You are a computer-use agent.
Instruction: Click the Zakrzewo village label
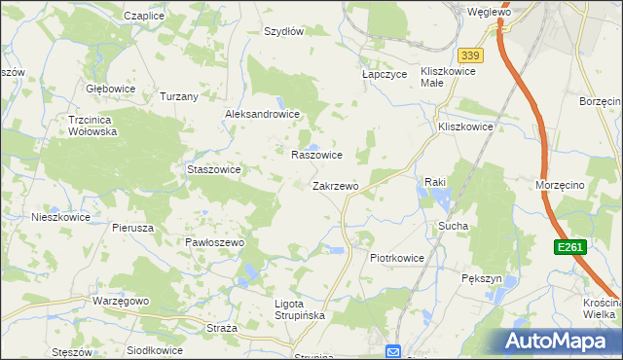click(x=335, y=185)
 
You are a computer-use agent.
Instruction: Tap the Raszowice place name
click(x=316, y=155)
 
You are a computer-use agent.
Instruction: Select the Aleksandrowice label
click(x=262, y=114)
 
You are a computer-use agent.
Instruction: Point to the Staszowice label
click(x=213, y=168)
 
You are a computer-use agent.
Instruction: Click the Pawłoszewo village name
click(x=213, y=241)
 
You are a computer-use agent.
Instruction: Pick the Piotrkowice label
click(x=397, y=258)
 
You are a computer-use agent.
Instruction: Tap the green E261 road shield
click(x=570, y=248)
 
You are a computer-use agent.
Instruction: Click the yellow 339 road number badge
click(x=471, y=55)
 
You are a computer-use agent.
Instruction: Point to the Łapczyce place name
click(x=384, y=73)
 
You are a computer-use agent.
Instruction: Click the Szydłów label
click(x=284, y=31)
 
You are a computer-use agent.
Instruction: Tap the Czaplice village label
click(x=143, y=17)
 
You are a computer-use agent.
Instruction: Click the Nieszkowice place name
click(x=60, y=217)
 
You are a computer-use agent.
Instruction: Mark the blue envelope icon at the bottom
click(x=393, y=351)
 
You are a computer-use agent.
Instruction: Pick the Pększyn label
click(x=481, y=278)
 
